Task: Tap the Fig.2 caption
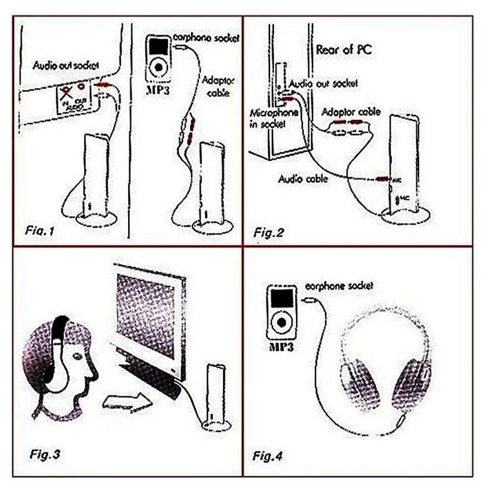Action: [x=268, y=232]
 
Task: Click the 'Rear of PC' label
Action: [x=344, y=49]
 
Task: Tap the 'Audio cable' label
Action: [x=303, y=179]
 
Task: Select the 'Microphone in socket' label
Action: [x=274, y=117]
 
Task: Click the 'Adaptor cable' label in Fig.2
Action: [x=350, y=112]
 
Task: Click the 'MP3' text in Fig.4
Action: [x=280, y=348]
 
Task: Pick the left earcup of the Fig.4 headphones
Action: [x=354, y=383]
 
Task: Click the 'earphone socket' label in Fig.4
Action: [x=339, y=286]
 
